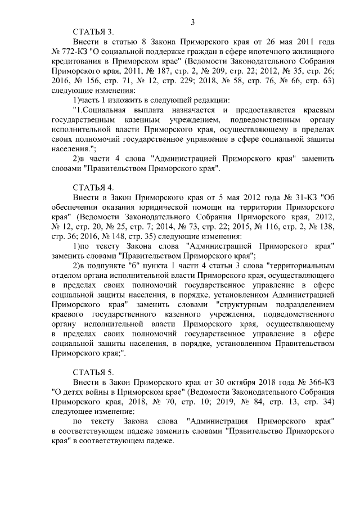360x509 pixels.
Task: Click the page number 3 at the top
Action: point(193,22)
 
